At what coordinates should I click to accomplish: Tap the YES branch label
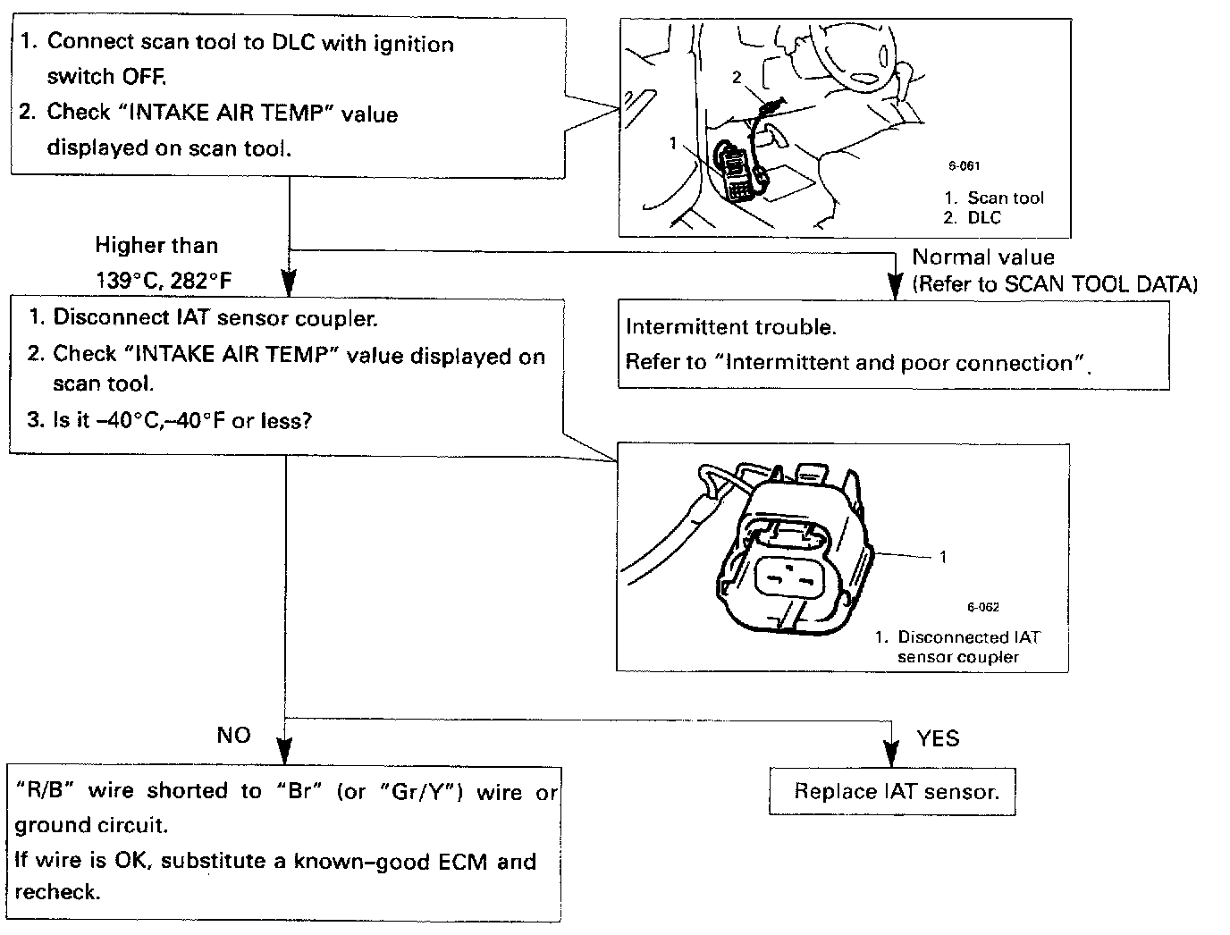tap(938, 738)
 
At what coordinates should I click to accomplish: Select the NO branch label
tap(234, 736)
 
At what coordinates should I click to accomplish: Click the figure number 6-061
tap(965, 165)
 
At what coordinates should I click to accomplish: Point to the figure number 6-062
tap(982, 608)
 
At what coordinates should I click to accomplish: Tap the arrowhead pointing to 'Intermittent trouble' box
tap(893, 286)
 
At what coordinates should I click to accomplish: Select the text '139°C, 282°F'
tap(164, 281)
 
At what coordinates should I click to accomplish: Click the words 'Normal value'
tap(983, 257)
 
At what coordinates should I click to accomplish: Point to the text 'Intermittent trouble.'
tap(731, 327)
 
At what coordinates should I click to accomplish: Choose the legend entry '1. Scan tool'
tap(993, 198)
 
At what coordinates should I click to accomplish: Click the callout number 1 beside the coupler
tap(943, 557)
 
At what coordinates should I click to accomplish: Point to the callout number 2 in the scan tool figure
tap(737, 78)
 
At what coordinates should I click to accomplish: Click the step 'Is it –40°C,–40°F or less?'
tap(170, 420)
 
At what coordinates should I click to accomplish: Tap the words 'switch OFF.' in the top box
tap(106, 77)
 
